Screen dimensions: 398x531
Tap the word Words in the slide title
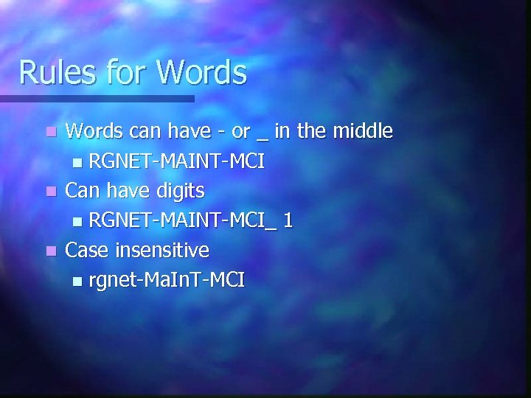(x=201, y=73)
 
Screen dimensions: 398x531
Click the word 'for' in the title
(x=128, y=73)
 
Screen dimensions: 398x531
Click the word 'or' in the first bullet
(x=240, y=133)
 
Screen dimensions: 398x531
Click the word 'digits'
(x=180, y=192)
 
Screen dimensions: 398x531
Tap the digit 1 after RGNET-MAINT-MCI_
(x=288, y=221)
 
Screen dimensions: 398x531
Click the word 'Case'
(x=87, y=251)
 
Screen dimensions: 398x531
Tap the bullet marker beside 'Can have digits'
(x=49, y=192)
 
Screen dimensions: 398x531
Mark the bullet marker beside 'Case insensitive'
(x=49, y=251)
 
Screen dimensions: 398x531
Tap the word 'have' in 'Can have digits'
(x=128, y=191)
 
